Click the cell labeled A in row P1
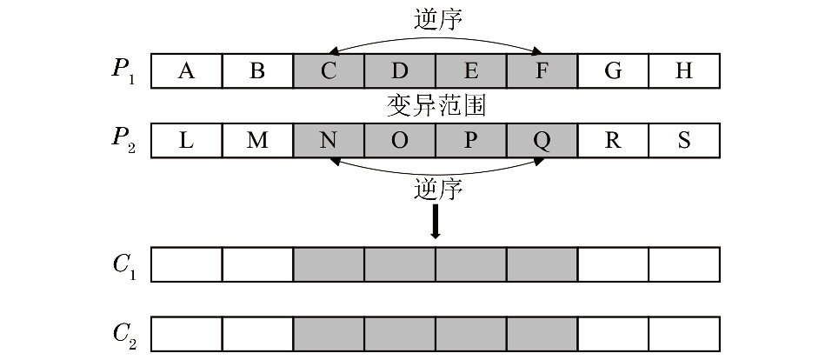pos(186,71)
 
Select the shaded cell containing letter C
pos(329,71)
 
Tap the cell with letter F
pos(542,71)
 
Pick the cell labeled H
pos(684,71)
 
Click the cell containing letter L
pos(186,141)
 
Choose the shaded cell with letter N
pos(329,141)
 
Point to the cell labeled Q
pos(542,141)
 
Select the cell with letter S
pos(684,141)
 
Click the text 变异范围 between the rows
pos(435,107)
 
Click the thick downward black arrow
pos(436,223)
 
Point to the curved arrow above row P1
pos(435,37)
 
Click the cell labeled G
pos(613,71)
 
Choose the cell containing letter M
pos(257,141)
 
